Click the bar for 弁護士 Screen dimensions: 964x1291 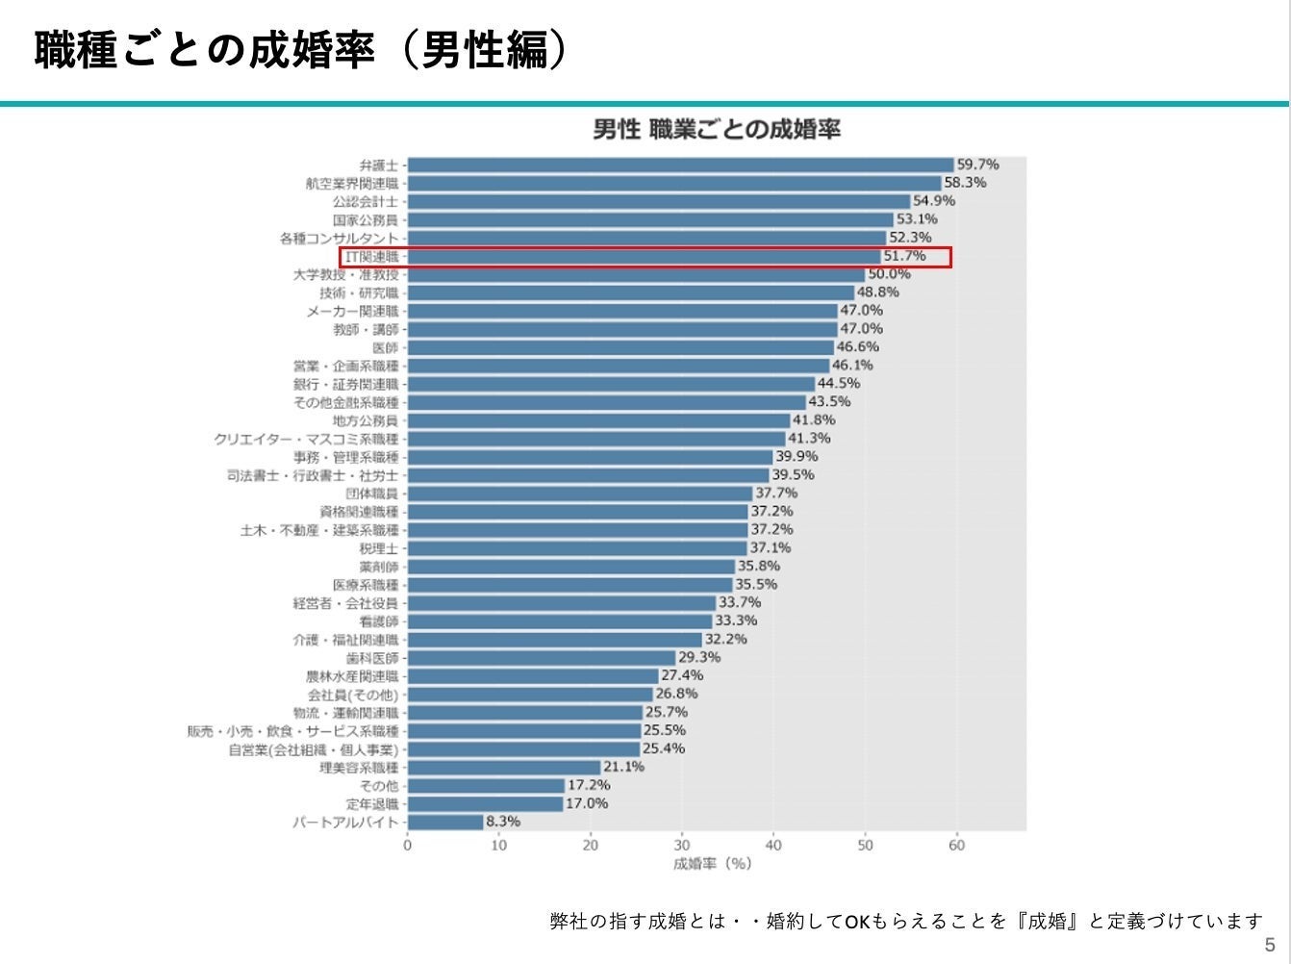point(680,165)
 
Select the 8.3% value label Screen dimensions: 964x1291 point(503,822)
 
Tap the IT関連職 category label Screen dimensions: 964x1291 point(372,257)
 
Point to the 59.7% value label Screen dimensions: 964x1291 point(977,165)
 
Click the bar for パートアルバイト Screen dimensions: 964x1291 point(445,823)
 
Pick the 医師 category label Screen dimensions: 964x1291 point(385,348)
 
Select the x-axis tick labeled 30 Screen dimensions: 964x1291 point(682,846)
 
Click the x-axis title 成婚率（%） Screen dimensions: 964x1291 point(713,864)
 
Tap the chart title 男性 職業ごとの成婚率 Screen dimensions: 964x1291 point(717,129)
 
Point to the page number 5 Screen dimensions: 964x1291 point(1270,945)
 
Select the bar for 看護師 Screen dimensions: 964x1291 point(560,622)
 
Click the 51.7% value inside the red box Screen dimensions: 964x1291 point(904,256)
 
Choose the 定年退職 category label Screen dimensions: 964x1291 point(372,804)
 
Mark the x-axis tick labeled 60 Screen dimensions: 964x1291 point(956,846)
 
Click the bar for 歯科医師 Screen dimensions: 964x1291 point(542,658)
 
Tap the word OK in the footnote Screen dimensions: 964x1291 point(857,922)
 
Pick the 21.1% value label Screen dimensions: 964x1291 point(623,767)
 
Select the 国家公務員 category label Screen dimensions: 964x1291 point(366,220)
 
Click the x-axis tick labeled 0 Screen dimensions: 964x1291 point(408,846)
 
